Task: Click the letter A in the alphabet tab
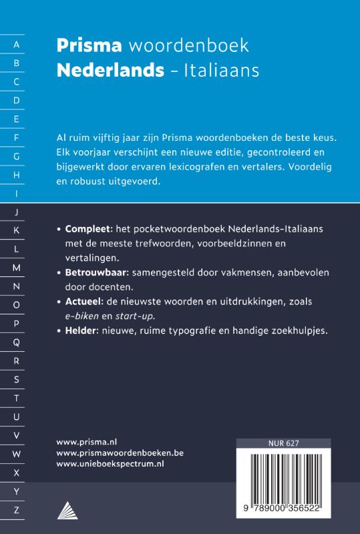click(x=17, y=45)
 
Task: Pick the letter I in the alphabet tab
click(x=17, y=194)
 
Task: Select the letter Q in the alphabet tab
click(x=17, y=342)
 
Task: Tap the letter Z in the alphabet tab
click(x=17, y=510)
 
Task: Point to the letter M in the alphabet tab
click(x=17, y=267)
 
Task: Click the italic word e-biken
click(x=83, y=316)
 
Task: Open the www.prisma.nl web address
click(x=87, y=441)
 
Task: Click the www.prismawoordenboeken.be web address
click(x=120, y=452)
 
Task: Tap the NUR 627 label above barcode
click(x=283, y=443)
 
